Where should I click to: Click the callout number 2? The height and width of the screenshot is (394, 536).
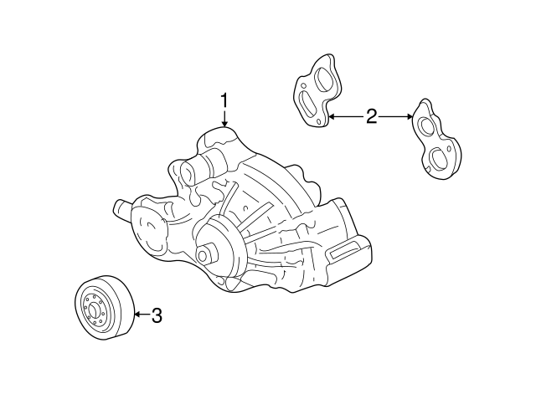click(x=371, y=117)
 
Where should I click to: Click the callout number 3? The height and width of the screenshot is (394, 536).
click(x=156, y=315)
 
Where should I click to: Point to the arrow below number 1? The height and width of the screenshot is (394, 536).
click(x=224, y=120)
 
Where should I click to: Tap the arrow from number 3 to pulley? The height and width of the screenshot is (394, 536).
click(x=142, y=315)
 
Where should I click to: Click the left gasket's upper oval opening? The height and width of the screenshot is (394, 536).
click(x=322, y=76)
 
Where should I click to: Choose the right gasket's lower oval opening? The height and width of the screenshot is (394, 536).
click(x=437, y=156)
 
